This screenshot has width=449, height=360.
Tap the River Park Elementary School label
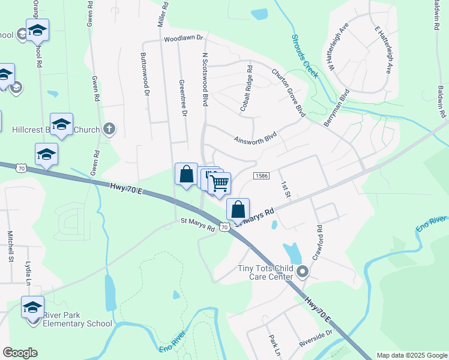(78, 324)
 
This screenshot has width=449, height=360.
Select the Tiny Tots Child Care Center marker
(303, 273)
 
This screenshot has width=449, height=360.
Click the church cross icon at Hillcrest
(109, 128)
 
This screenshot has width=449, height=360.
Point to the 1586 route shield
(261, 176)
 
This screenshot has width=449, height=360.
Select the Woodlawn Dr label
(184, 38)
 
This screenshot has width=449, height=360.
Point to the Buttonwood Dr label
(144, 74)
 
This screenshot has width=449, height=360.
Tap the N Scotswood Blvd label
(205, 79)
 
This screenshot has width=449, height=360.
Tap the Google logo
(20, 353)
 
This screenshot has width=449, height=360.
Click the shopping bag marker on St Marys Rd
(238, 209)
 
